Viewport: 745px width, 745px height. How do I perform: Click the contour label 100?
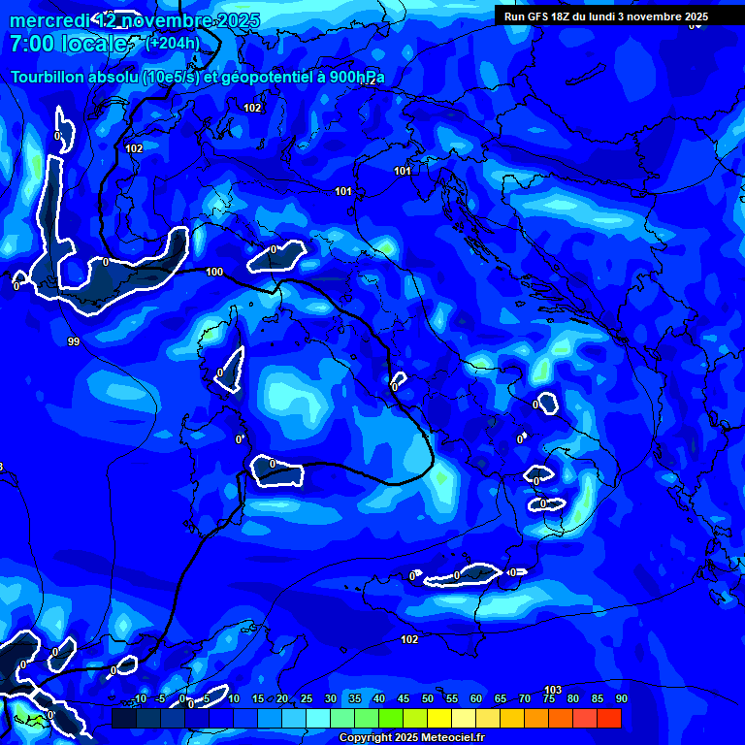coord(214,272)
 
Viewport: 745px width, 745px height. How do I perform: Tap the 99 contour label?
coord(74,341)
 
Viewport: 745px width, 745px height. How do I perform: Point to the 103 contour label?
coord(553,690)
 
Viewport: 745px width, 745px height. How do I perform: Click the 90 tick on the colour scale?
coord(621,698)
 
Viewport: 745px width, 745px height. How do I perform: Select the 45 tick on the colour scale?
coord(404,698)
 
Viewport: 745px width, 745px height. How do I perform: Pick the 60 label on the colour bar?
coord(476,698)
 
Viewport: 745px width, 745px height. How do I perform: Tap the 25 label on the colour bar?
coord(307,698)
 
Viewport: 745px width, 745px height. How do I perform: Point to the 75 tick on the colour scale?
coord(549,698)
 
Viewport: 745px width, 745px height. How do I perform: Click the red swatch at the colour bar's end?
coord(609,718)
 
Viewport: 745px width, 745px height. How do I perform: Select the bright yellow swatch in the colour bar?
coord(439,718)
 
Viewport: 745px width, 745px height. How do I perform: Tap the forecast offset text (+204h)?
coord(173,43)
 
